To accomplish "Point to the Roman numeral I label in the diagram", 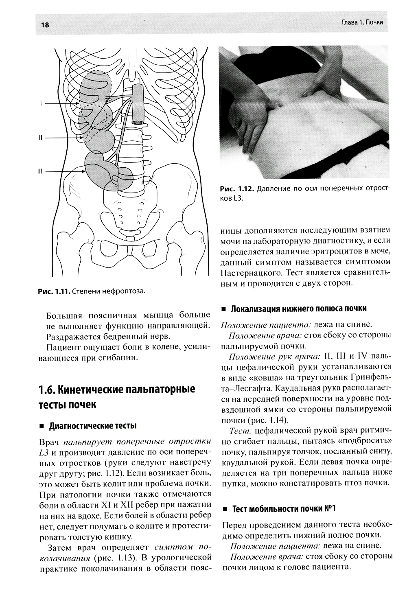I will click(x=41, y=104).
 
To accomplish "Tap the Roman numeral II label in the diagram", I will click(x=40, y=138).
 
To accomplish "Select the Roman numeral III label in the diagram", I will click(x=40, y=171).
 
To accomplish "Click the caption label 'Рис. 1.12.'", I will click(x=236, y=189).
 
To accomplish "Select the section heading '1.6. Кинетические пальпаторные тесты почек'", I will click(x=116, y=397).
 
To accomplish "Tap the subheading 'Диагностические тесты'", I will click(x=92, y=426).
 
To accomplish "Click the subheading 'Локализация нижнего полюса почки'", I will click(x=299, y=308).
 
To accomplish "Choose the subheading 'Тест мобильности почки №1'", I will click(x=284, y=509).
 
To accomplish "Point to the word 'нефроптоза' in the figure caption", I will click(x=126, y=291).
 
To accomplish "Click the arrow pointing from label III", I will click(x=65, y=171).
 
